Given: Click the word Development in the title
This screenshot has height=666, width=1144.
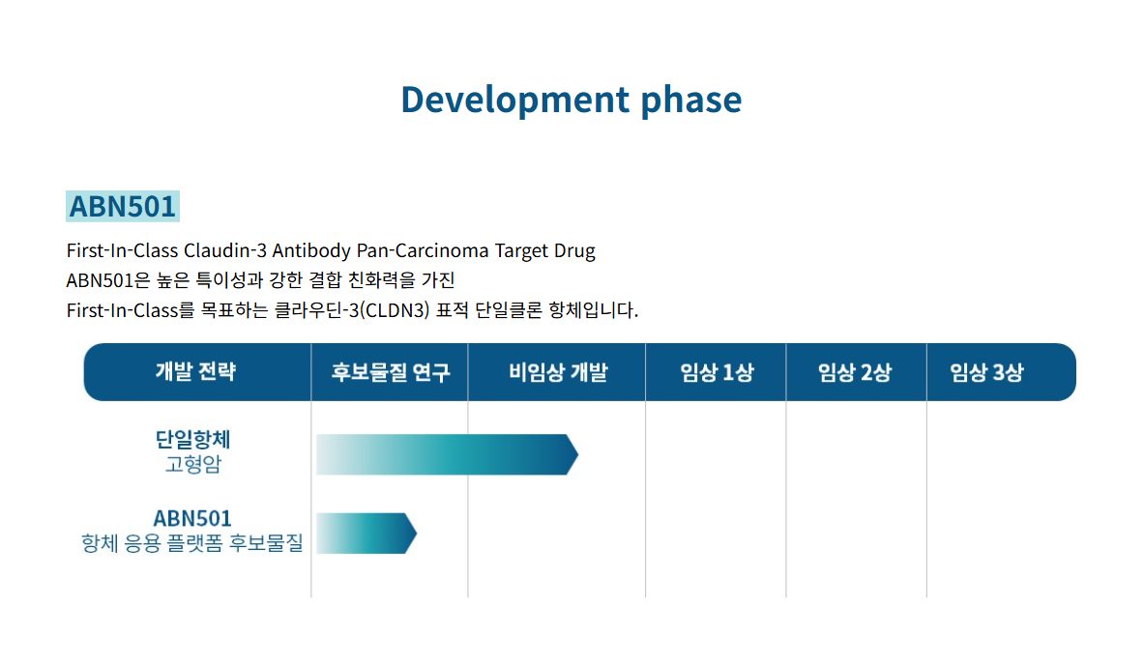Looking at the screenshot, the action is coord(515,100).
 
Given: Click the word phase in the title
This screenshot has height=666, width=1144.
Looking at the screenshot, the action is coord(690,100).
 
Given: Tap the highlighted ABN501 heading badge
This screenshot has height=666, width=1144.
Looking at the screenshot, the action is coord(123,207).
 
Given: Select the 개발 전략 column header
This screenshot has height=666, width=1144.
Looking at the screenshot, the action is coord(195,371).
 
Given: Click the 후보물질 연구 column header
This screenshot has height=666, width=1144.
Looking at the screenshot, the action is coord(391,372).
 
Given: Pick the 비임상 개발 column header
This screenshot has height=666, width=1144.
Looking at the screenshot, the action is coord(558,372).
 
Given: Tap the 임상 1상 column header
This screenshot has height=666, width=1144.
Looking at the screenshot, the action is coord(717,372).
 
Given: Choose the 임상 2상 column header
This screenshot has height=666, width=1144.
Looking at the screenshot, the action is coord(854,372).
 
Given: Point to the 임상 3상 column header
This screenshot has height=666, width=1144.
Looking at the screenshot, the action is coord(986,372).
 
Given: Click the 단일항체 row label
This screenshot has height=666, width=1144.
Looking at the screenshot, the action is coord(192,439).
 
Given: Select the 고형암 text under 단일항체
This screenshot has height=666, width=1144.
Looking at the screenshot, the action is coord(192,464).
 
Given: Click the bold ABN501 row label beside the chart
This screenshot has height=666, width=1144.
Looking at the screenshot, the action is coord(192,518).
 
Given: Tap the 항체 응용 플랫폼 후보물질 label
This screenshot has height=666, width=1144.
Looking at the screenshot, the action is coord(191,542).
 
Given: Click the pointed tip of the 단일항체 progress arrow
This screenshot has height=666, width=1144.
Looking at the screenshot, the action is coord(578,454).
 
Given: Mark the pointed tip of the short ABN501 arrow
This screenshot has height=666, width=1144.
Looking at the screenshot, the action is coord(417,534).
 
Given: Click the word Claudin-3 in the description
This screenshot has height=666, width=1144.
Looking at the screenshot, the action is coord(224,250).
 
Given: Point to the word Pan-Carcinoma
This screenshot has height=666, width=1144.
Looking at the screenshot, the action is coord(423,250).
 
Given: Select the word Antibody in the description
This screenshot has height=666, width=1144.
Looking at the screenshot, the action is coord(311,251).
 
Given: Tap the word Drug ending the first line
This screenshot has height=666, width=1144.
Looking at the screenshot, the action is coord(575,251).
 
